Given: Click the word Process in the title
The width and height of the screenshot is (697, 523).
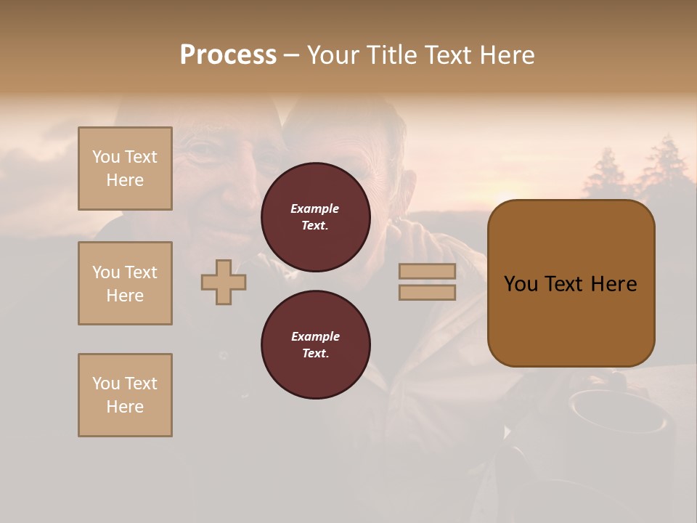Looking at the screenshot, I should [228, 55].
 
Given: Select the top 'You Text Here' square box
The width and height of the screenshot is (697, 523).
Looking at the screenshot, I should [125, 169].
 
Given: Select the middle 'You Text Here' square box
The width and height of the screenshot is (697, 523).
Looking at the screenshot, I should [125, 283].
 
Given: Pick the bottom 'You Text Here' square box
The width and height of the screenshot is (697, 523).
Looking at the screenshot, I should [125, 395].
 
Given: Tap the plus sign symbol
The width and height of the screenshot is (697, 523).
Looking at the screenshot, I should [224, 282].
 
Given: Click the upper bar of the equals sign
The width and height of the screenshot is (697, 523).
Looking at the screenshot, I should [427, 271].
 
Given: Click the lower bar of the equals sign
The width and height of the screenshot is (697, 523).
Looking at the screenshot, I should [427, 292].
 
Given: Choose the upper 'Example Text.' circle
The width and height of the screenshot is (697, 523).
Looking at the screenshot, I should [315, 216].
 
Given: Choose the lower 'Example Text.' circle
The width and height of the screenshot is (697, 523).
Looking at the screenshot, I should [315, 344].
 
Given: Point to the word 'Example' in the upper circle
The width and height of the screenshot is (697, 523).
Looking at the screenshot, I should [315, 208].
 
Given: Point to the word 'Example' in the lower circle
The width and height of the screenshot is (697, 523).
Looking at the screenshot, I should [315, 336].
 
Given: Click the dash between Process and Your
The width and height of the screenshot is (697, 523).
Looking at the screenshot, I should [292, 56].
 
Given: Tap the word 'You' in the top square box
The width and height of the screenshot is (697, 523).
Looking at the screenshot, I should [105, 157].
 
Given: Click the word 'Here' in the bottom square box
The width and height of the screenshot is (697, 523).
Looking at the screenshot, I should [125, 407].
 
